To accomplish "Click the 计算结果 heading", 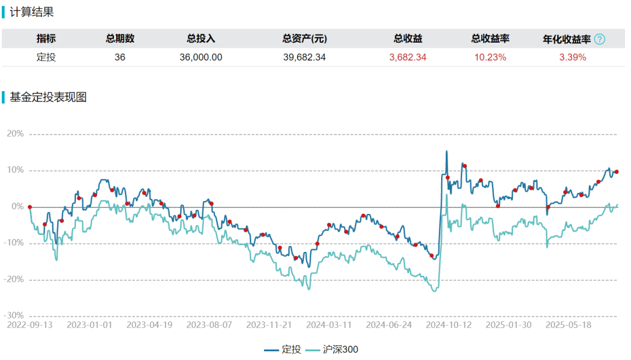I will point(32,12).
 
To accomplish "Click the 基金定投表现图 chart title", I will point(48,98).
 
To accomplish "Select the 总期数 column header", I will point(120,39).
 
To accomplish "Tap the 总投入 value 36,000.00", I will point(201,57).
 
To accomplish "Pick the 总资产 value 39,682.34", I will point(304,57).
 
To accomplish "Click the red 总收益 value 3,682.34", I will point(408,57).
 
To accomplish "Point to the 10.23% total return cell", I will point(490,57).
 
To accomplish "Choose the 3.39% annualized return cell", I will point(573,57).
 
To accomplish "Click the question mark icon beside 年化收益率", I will point(599,39).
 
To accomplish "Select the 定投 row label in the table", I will point(46,57).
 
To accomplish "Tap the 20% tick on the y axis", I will point(15,134).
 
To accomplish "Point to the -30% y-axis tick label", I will point(14,316).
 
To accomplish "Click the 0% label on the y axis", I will point(18,207).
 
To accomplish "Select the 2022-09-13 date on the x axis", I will point(30,324).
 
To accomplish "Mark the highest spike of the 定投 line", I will point(447,151).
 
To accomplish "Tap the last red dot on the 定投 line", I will point(616,172).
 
